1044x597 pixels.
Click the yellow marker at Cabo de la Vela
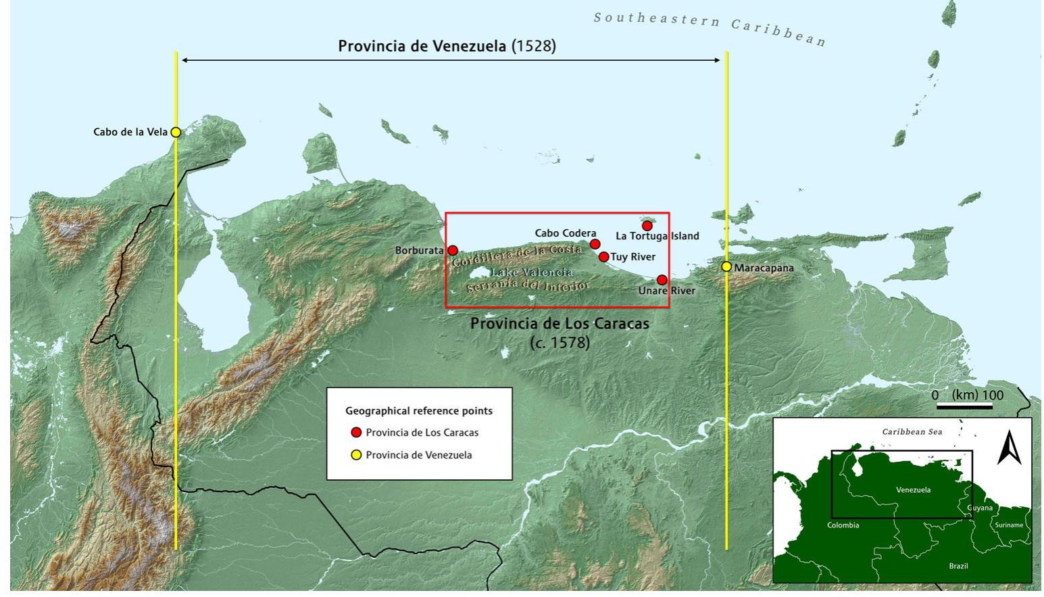(176, 133)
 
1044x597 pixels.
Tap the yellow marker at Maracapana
(726, 267)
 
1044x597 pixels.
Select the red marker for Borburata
(453, 250)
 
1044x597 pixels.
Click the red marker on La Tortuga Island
(647, 226)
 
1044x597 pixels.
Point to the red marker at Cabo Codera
(595, 244)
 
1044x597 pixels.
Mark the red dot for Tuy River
(603, 257)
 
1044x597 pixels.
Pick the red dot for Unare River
(662, 280)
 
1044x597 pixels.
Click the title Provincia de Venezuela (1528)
(447, 46)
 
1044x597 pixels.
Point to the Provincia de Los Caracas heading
(560, 324)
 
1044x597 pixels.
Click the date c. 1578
(560, 343)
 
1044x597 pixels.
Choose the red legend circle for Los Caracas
(356, 433)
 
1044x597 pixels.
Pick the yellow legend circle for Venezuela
(356, 455)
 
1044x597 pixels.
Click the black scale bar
(964, 406)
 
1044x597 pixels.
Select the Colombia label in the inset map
(843, 525)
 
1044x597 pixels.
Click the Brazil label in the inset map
(958, 566)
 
